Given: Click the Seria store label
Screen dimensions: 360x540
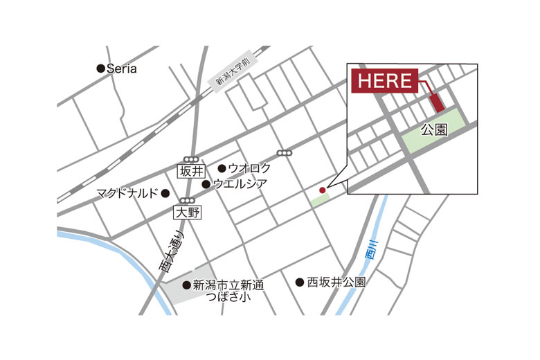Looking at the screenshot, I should (122, 69).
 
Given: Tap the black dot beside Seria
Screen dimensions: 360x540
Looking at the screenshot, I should (101, 69).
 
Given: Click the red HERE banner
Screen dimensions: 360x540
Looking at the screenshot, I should (384, 80).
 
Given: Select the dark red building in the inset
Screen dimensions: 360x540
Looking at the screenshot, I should (437, 102).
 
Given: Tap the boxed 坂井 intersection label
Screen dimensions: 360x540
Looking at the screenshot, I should (191, 171).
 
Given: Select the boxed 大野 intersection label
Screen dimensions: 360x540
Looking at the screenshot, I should (187, 213).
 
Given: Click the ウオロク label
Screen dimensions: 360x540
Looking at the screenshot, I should (249, 168).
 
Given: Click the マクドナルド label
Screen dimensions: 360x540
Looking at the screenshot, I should (127, 193).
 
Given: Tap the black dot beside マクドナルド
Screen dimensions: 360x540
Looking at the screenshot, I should (165, 193).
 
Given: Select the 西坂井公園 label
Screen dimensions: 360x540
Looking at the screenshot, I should (336, 282).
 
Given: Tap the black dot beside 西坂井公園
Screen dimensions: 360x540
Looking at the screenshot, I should (300, 282).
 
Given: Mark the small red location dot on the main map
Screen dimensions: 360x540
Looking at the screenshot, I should (322, 190).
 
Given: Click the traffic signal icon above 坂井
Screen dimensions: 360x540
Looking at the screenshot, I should (191, 159).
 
